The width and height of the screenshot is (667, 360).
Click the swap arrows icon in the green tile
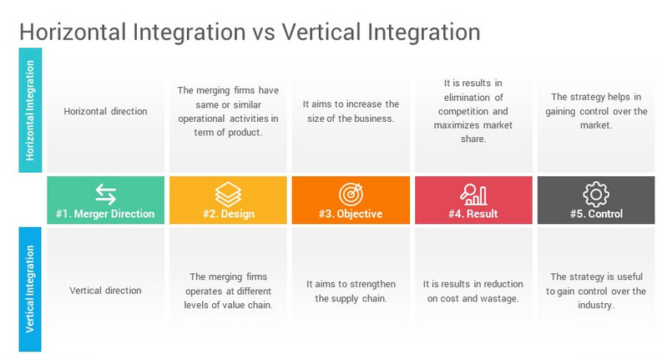click(105, 194)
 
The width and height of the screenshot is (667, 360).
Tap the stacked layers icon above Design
click(228, 194)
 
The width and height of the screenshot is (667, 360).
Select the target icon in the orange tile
click(351, 194)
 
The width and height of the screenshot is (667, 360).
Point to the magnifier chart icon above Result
click(473, 194)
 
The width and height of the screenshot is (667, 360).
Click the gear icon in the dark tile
click(595, 194)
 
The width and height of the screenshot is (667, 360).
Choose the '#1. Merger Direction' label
click(105, 214)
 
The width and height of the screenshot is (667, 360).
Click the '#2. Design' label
click(228, 214)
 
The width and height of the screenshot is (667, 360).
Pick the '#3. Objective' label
click(351, 214)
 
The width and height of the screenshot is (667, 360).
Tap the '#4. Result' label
click(473, 214)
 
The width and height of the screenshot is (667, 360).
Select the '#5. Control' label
click(595, 214)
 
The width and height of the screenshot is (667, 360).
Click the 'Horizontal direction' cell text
click(105, 111)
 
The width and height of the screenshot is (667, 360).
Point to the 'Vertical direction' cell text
click(105, 291)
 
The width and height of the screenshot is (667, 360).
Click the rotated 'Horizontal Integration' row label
click(30, 111)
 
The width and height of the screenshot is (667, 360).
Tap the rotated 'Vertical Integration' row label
click(30, 289)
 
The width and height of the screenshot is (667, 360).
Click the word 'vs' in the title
click(262, 33)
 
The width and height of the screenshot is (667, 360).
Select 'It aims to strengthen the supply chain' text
click(351, 291)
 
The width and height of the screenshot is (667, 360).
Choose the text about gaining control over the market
click(595, 111)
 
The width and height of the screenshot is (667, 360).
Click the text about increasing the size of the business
click(351, 111)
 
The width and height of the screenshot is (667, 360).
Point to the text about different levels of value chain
click(228, 291)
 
